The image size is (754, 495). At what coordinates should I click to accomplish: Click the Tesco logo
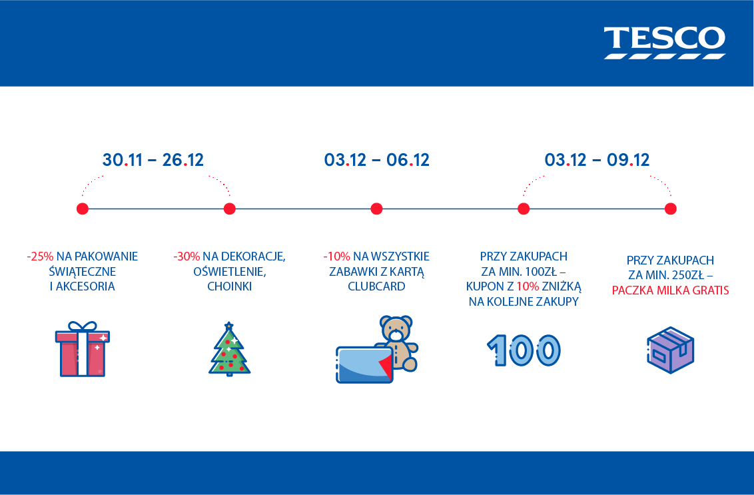pyautogui.click(x=664, y=42)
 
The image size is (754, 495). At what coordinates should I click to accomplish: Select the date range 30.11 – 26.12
pyautogui.click(x=153, y=160)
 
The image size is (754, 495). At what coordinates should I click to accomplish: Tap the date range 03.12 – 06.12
pyautogui.click(x=376, y=160)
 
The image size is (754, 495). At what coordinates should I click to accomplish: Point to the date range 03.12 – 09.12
pyautogui.click(x=597, y=160)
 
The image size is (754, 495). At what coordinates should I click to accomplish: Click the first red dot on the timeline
pyautogui.click(x=83, y=209)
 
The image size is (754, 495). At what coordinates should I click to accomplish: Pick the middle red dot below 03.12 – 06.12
pyautogui.click(x=376, y=209)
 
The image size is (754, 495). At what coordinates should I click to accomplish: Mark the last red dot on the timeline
pyautogui.click(x=670, y=209)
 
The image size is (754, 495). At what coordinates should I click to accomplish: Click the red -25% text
pyautogui.click(x=40, y=256)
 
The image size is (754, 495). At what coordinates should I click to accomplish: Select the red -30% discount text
pyautogui.click(x=187, y=256)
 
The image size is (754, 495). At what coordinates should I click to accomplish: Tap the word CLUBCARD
pyautogui.click(x=376, y=286)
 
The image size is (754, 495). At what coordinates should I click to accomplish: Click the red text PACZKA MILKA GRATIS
pyautogui.click(x=670, y=290)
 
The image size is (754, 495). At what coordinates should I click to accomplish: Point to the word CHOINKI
pyautogui.click(x=230, y=286)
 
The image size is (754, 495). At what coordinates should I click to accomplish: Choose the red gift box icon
pyautogui.click(x=83, y=353)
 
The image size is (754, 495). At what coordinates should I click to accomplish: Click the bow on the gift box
pyautogui.click(x=83, y=327)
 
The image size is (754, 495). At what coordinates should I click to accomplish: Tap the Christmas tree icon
pyautogui.click(x=230, y=351)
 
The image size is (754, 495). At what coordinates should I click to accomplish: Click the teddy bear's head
pyautogui.click(x=396, y=328)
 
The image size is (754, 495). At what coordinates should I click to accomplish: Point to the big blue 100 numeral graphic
pyautogui.click(x=524, y=349)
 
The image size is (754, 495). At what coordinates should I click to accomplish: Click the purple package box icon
pyautogui.click(x=670, y=350)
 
